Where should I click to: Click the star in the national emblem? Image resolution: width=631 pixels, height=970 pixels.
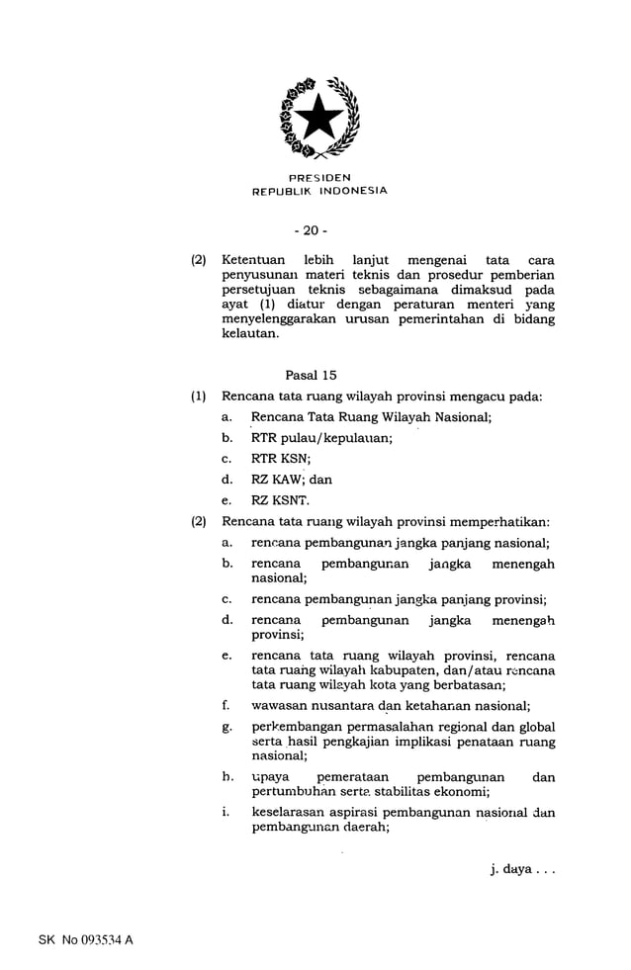pyautogui.click(x=318, y=119)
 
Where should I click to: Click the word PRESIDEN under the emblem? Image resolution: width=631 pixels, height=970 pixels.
pyautogui.click(x=318, y=177)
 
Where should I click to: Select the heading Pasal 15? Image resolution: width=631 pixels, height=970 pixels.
pyautogui.click(x=311, y=375)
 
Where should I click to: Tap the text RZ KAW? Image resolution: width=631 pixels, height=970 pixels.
pyautogui.click(x=277, y=480)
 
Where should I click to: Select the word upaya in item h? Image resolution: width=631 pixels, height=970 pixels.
pyautogui.click(x=270, y=777)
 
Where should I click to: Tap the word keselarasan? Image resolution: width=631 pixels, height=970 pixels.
pyautogui.click(x=291, y=813)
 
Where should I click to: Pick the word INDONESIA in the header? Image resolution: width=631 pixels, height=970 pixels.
pyautogui.click(x=351, y=191)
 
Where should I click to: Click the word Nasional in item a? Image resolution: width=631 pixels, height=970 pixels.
pyautogui.click(x=460, y=417)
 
